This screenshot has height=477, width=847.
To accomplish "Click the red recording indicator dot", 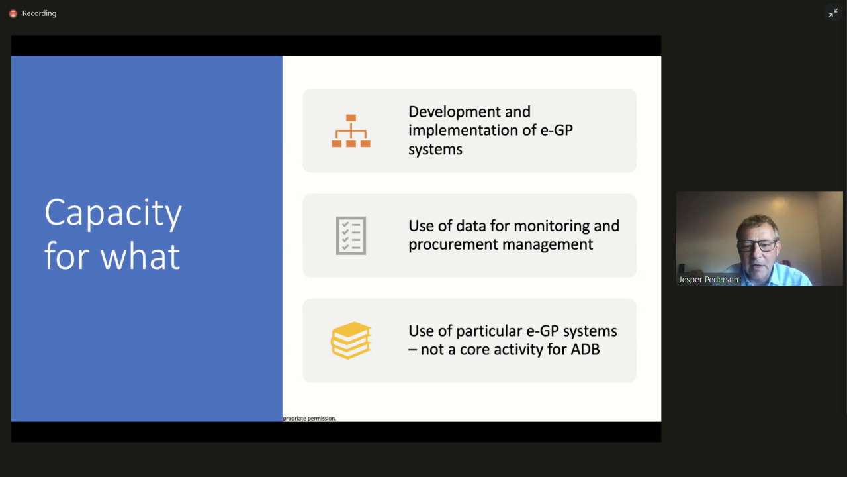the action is pos(13,14).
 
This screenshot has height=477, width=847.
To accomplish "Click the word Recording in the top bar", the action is pos(39,13).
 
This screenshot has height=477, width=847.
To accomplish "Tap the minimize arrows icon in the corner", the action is pos(833,13).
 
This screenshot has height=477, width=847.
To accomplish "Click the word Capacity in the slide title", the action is pos(113,213).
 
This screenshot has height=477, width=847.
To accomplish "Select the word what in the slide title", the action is pos(140,256).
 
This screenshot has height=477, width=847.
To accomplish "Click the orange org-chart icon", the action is pos(351,131).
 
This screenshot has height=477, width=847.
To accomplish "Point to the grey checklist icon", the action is pos(351,235).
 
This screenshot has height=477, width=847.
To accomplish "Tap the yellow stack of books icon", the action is pos(351,341).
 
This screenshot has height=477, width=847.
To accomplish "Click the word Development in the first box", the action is pos(469,112).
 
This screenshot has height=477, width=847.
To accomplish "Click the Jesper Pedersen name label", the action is pos(708,280).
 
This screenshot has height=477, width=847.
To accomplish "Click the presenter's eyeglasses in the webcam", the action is pos(758,246).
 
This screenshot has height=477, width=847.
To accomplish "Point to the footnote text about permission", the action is pos(309,418).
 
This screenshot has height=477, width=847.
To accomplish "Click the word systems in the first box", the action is pos(435,150).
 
